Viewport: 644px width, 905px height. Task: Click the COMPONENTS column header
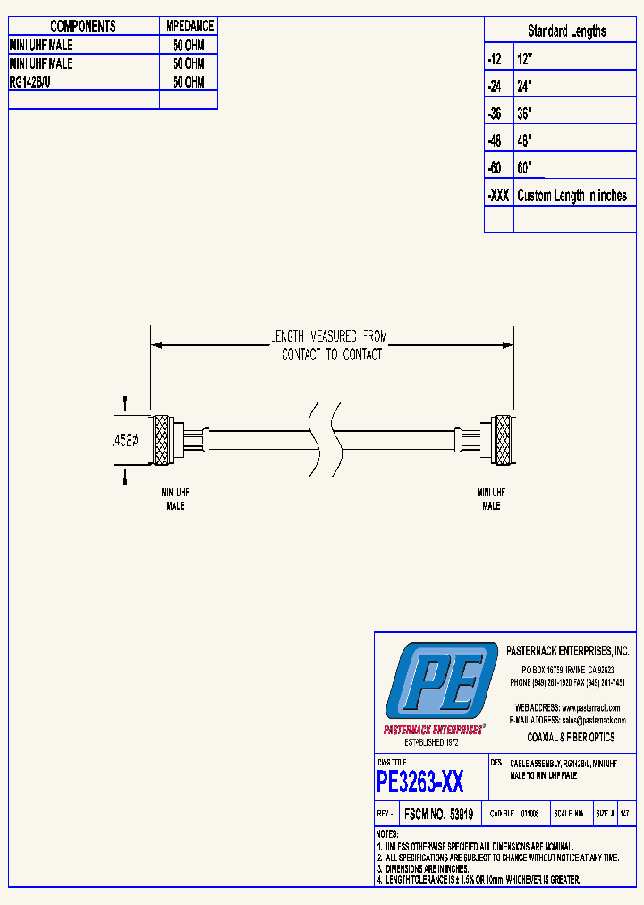(x=83, y=27)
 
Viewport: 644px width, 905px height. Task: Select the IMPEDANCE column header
(x=189, y=27)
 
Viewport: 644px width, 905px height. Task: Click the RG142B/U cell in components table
(x=32, y=82)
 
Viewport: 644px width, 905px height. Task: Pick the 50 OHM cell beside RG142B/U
(x=189, y=82)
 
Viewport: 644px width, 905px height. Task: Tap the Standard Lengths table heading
(x=566, y=31)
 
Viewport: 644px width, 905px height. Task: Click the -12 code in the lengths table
(x=495, y=59)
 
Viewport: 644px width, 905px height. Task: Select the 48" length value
(x=524, y=140)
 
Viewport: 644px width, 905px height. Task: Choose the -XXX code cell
(x=498, y=196)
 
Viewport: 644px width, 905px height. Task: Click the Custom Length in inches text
(x=572, y=196)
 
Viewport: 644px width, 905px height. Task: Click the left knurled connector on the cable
(x=162, y=440)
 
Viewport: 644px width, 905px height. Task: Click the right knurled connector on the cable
(x=504, y=440)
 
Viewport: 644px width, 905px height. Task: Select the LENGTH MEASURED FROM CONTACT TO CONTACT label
(x=331, y=345)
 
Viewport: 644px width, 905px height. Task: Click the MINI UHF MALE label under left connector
(x=175, y=499)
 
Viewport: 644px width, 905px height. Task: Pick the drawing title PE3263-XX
(x=420, y=783)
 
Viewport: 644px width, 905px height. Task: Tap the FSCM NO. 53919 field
(x=438, y=815)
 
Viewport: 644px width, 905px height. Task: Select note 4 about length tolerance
(x=479, y=880)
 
